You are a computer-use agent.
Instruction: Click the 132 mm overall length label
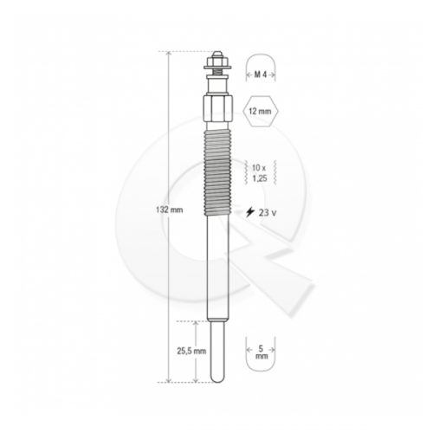[x=170, y=210]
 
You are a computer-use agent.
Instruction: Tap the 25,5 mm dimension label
[x=191, y=351]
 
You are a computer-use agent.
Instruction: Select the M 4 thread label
[x=261, y=74]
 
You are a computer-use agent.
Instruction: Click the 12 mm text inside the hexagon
[x=261, y=111]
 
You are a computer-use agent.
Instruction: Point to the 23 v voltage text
[x=268, y=213]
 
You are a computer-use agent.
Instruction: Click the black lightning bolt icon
[x=249, y=212]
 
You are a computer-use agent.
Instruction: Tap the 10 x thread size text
[x=259, y=167]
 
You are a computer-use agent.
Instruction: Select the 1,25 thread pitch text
[x=260, y=178]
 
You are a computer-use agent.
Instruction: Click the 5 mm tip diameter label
[x=262, y=352]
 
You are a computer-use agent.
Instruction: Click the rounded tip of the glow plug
[x=217, y=378]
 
